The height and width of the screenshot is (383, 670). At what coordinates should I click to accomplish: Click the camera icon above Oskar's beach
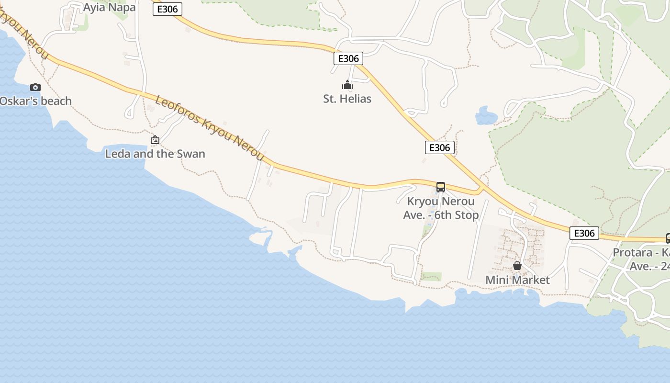(35, 87)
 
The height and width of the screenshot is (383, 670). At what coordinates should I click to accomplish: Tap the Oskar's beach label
(35, 101)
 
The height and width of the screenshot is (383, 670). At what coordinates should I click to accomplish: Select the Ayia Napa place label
(109, 7)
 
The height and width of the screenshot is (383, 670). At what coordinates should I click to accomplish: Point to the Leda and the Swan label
(155, 154)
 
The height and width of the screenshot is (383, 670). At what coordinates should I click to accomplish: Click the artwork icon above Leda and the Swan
(155, 140)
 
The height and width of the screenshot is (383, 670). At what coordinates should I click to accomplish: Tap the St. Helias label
(347, 99)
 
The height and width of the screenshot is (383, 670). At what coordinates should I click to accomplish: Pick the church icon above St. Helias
(347, 85)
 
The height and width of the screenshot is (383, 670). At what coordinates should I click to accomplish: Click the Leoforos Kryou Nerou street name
(210, 128)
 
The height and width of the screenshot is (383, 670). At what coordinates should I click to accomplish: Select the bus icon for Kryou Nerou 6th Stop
(441, 187)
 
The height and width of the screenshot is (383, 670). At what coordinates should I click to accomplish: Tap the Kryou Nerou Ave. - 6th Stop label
(441, 208)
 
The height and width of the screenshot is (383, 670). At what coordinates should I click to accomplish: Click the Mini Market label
(518, 280)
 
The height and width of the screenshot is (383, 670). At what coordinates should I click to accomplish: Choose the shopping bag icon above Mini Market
(517, 266)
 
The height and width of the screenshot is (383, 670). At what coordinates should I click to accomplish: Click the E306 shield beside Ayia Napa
(167, 9)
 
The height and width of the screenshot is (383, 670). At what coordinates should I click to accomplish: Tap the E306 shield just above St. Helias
(348, 58)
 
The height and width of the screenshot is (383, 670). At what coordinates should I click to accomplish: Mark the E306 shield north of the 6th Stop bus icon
(439, 147)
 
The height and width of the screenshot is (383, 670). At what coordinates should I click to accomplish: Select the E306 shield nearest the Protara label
(584, 233)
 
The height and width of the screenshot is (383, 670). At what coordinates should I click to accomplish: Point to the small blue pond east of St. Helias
(486, 115)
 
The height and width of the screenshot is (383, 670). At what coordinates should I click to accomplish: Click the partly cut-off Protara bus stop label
(642, 259)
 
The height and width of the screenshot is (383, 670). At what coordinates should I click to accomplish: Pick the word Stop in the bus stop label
(466, 215)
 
